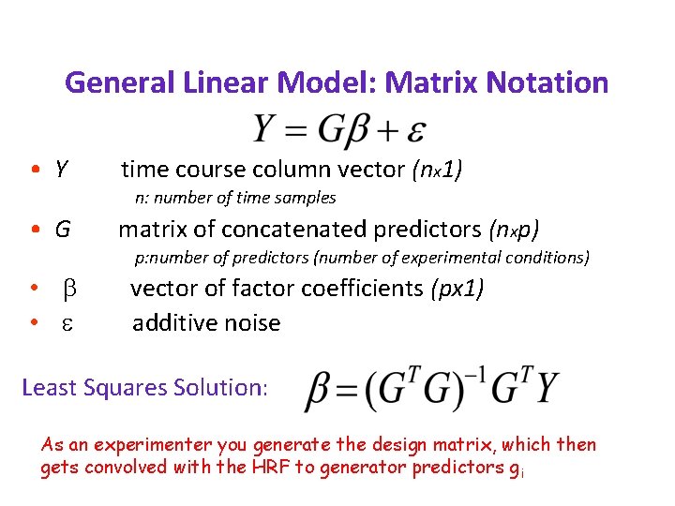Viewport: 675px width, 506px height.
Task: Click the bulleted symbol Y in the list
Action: [x=61, y=170]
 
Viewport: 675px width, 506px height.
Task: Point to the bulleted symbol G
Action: [x=62, y=229]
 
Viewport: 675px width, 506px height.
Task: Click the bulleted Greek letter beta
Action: [x=67, y=289]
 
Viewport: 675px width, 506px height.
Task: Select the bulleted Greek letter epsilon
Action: [x=67, y=323]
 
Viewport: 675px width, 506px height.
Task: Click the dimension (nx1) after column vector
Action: [x=438, y=170]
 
